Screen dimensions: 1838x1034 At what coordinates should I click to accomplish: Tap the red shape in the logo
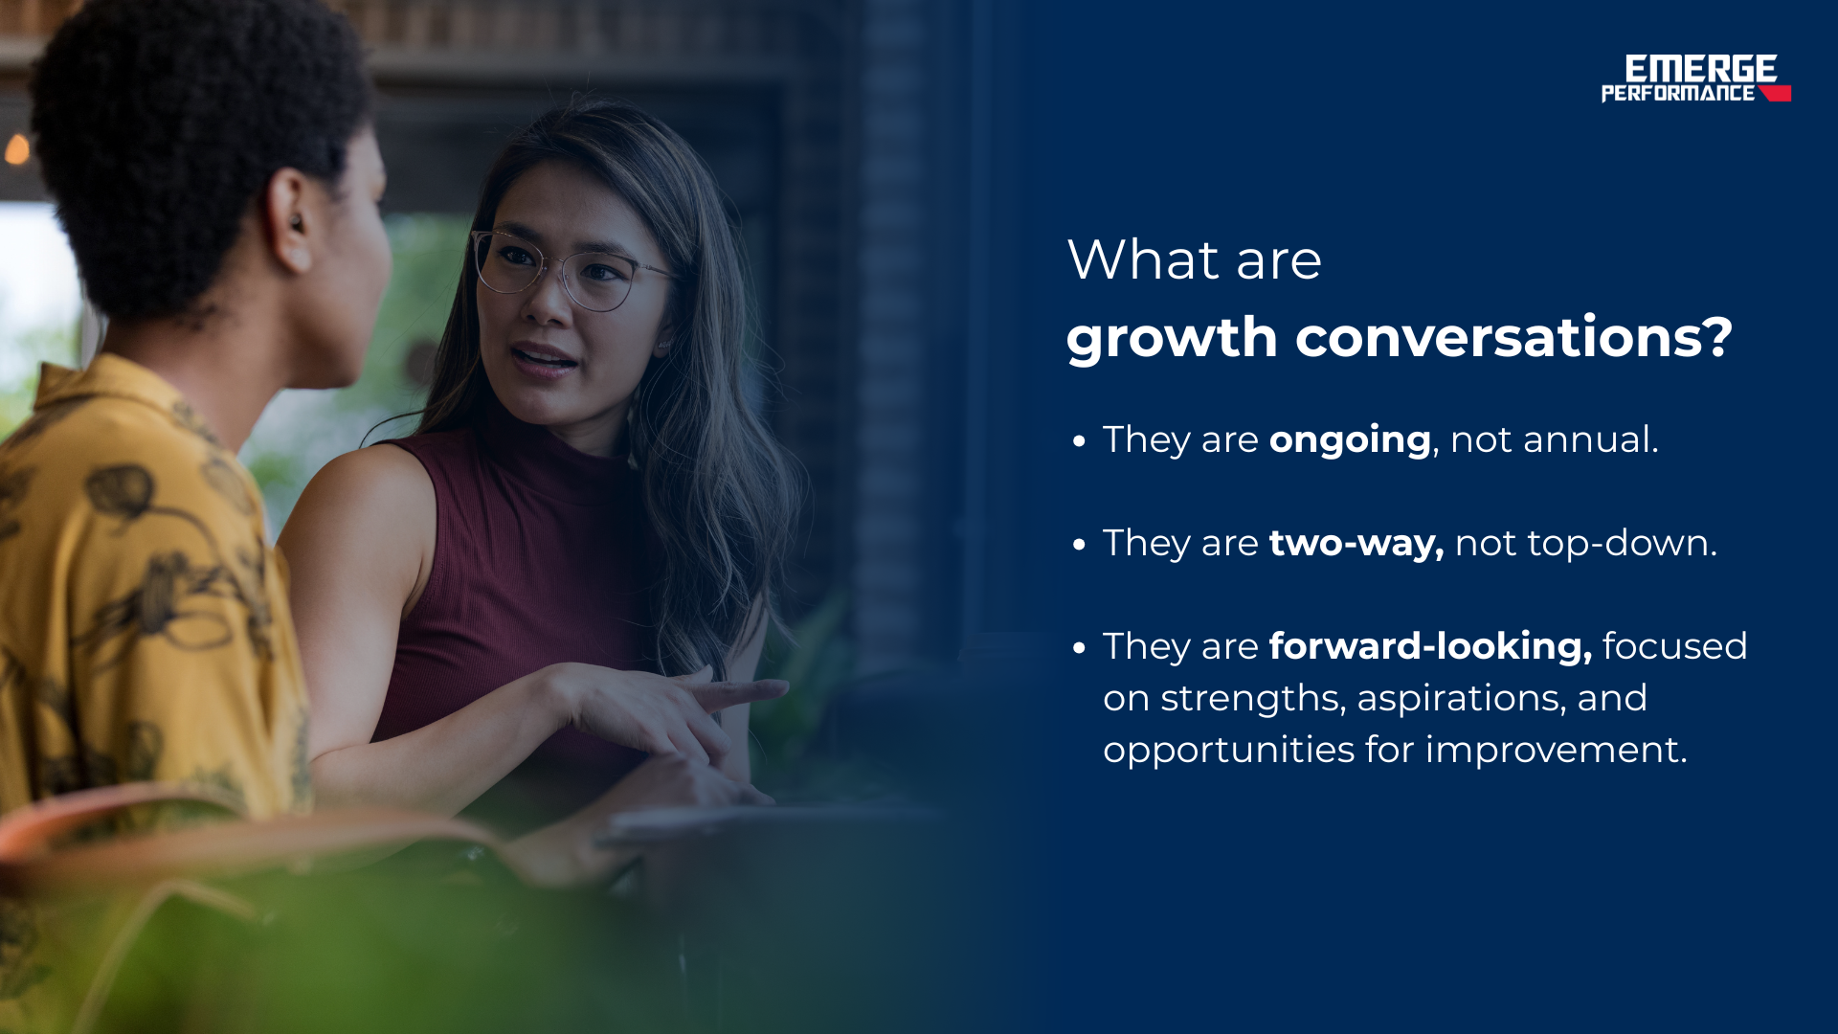(1776, 93)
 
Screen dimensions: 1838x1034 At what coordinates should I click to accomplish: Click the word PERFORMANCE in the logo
(1678, 93)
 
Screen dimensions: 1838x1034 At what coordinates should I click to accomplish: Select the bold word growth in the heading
(1172, 339)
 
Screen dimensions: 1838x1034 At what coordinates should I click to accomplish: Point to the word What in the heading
(1143, 259)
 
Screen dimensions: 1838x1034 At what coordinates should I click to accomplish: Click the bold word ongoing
(1350, 441)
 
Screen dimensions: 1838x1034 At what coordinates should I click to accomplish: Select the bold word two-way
(1356, 544)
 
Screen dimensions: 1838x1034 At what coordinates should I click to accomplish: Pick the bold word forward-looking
(1430, 646)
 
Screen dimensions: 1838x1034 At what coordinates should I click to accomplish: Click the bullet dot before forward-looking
(1080, 648)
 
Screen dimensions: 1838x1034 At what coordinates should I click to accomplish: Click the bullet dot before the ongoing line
(1080, 441)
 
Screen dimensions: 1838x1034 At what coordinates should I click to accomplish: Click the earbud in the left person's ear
(296, 223)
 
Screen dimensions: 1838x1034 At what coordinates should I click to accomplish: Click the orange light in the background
(17, 149)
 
